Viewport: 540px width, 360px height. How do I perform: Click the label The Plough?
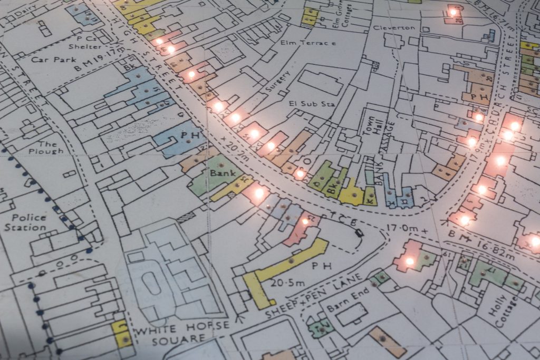(x=50, y=148)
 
